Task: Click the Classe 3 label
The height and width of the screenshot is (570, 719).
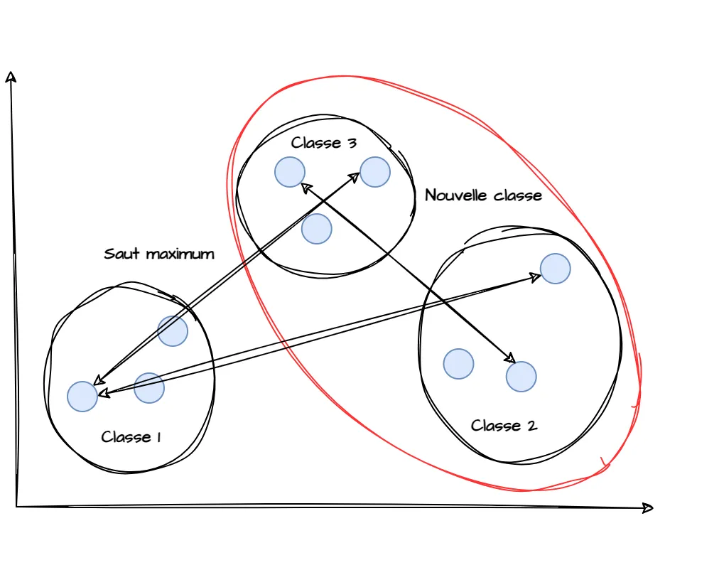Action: pyautogui.click(x=323, y=143)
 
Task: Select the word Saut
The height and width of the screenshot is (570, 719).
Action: pyautogui.click(x=121, y=254)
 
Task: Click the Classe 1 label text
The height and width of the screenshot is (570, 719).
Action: pyautogui.click(x=131, y=436)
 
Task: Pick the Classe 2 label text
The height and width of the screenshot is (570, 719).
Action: pyautogui.click(x=504, y=426)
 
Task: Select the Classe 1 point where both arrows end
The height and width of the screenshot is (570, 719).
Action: pyautogui.click(x=82, y=396)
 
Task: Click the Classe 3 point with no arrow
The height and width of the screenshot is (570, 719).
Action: pyautogui.click(x=317, y=229)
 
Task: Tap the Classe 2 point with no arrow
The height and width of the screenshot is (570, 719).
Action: pyautogui.click(x=458, y=363)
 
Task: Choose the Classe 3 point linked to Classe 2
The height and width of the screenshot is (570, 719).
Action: pyautogui.click(x=290, y=172)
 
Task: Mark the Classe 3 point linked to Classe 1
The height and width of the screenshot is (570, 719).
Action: pyautogui.click(x=375, y=172)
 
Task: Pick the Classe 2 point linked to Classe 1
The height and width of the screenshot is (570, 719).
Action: pyautogui.click(x=555, y=269)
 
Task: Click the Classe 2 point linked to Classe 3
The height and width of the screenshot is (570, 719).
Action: pyautogui.click(x=521, y=376)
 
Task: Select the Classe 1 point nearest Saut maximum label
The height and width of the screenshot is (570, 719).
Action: pyautogui.click(x=173, y=331)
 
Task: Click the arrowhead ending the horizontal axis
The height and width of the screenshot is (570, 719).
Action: pyautogui.click(x=648, y=507)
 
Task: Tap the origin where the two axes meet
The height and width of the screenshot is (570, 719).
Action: pyautogui.click(x=16, y=506)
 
